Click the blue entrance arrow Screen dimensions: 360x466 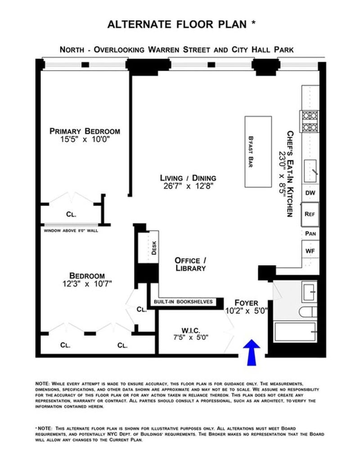(x=252, y=352)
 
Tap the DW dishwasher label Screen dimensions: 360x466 (x=310, y=193)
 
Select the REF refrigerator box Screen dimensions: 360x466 (x=310, y=214)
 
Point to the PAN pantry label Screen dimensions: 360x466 (x=310, y=233)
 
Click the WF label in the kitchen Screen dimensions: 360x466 (x=310, y=251)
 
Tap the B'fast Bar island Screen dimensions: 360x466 (x=258, y=152)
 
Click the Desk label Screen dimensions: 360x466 (x=154, y=247)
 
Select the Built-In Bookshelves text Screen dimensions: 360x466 (x=183, y=302)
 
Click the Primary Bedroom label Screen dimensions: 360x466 (x=85, y=131)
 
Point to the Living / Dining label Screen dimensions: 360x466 (x=188, y=178)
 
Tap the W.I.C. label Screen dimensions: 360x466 (x=191, y=331)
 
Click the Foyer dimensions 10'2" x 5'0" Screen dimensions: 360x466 (x=247, y=311)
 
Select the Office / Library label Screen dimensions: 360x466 (x=190, y=264)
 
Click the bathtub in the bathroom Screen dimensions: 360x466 (x=295, y=332)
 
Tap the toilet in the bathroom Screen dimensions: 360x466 (x=308, y=312)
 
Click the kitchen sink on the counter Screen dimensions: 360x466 (x=310, y=171)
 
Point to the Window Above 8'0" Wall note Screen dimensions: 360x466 (x=71, y=231)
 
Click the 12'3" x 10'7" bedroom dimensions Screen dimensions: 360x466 (x=87, y=284)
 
